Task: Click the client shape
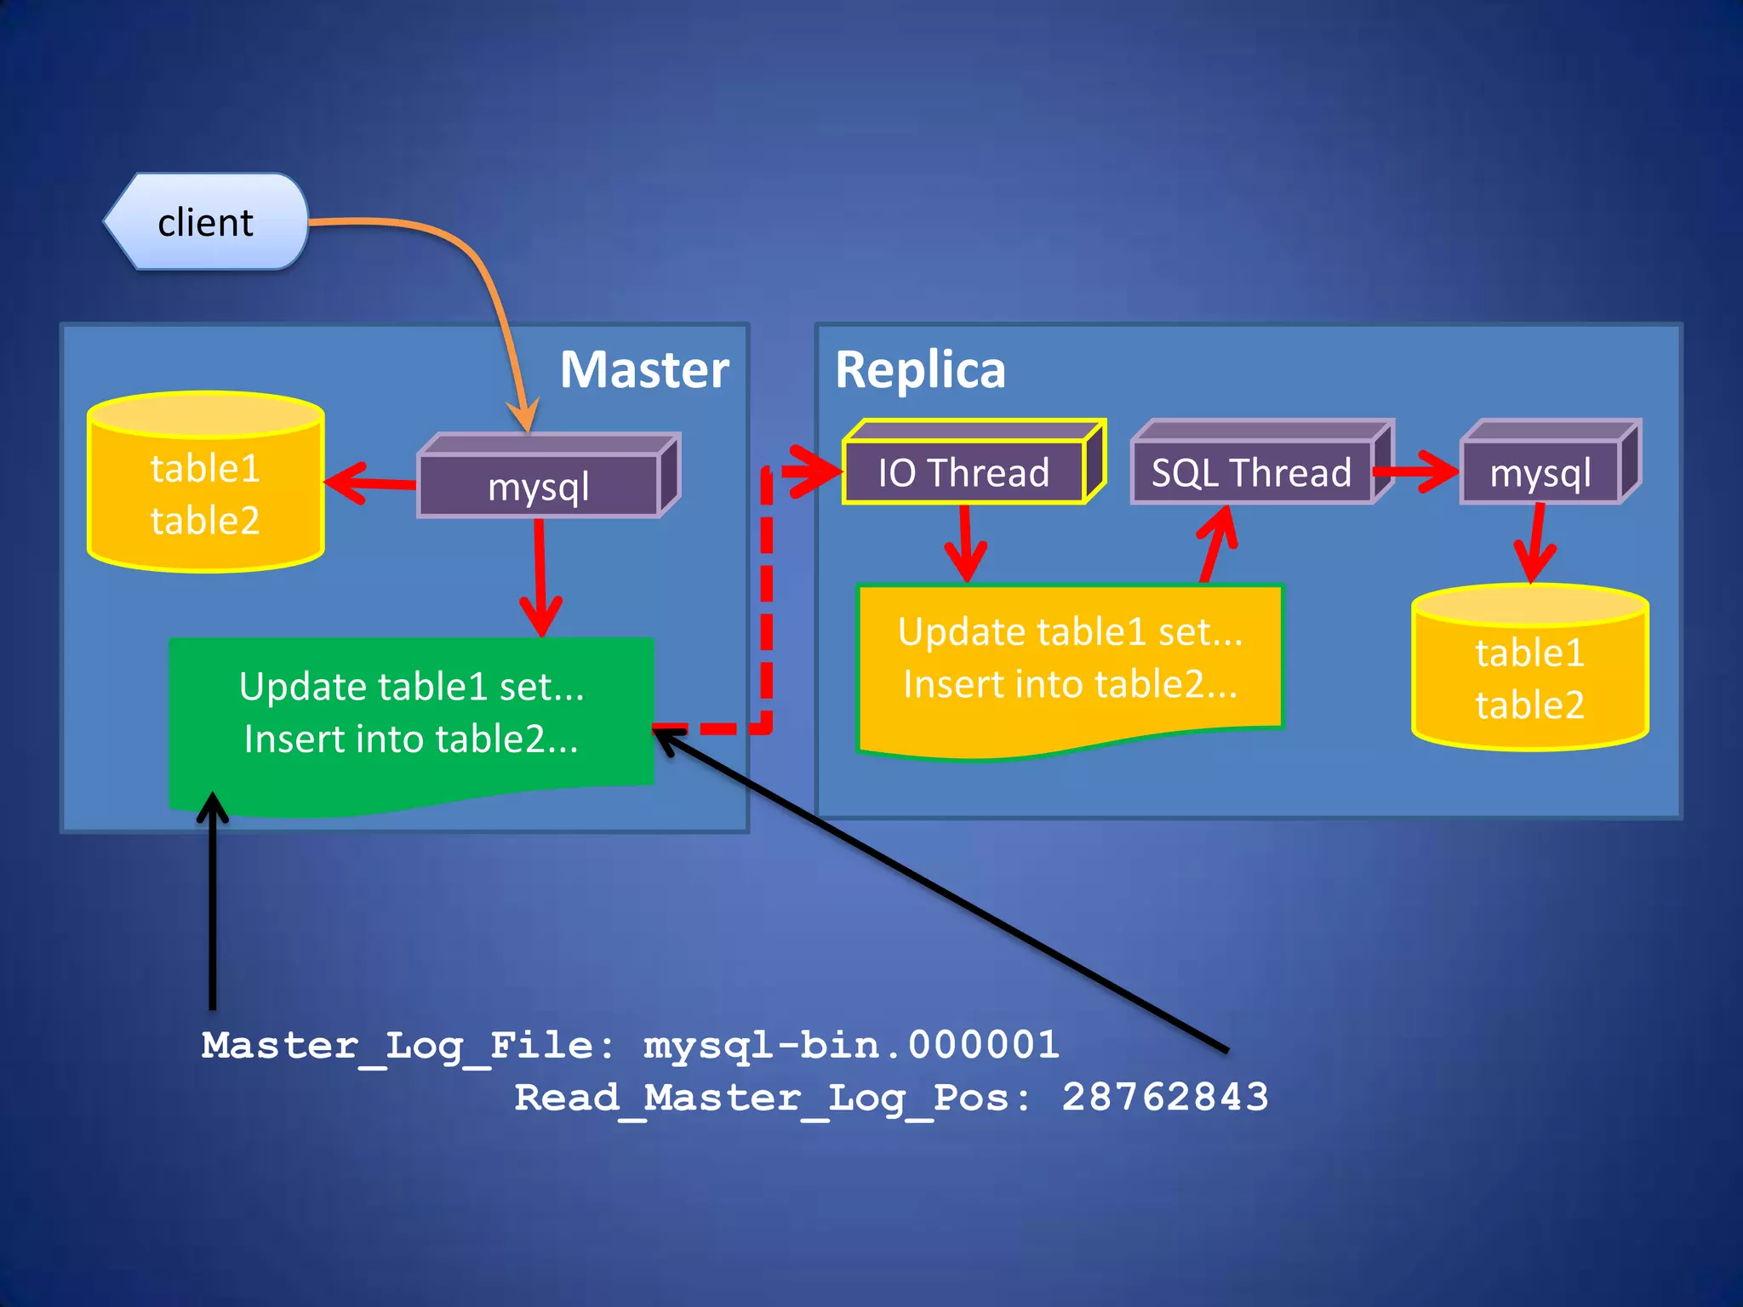[x=205, y=222]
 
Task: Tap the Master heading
[x=644, y=370]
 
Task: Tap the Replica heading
[x=920, y=370]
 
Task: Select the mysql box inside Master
[x=539, y=486]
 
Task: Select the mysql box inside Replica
[x=1540, y=472]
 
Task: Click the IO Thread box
[x=963, y=472]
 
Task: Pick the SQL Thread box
[x=1251, y=472]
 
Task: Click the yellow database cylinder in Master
[x=205, y=494]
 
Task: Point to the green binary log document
[x=411, y=715]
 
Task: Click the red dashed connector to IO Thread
[x=766, y=596]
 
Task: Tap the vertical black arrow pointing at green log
[x=212, y=902]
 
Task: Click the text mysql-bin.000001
[x=851, y=1045]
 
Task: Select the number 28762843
[x=1164, y=1097]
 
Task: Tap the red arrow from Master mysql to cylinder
[x=371, y=483]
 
